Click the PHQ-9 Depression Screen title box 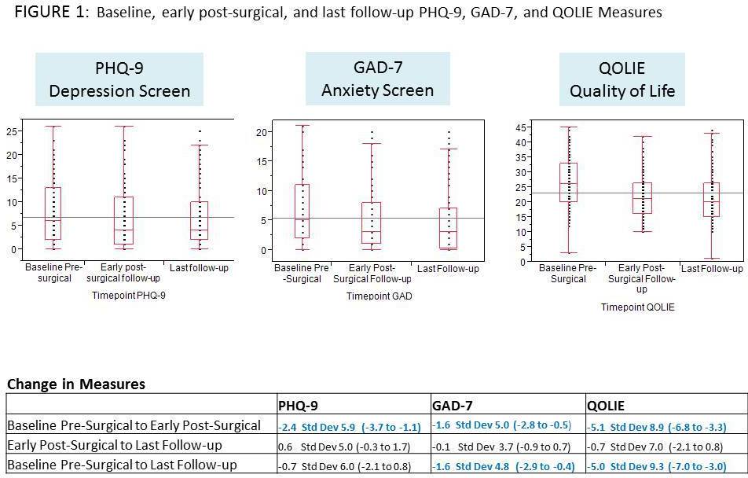(119, 79)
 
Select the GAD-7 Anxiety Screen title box (377, 79)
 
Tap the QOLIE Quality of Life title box (621, 79)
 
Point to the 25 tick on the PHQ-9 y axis (12, 131)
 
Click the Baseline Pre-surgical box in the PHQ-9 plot (54, 213)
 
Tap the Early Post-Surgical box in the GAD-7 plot (372, 222)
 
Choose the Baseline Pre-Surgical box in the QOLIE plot (568, 182)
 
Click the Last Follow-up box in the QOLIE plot (712, 200)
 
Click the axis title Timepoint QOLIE (637, 307)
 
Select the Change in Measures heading (76, 384)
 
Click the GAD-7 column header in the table (453, 406)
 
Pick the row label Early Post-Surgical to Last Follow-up (115, 445)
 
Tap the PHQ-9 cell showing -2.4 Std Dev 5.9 (344, 426)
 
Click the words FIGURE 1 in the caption (48, 12)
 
